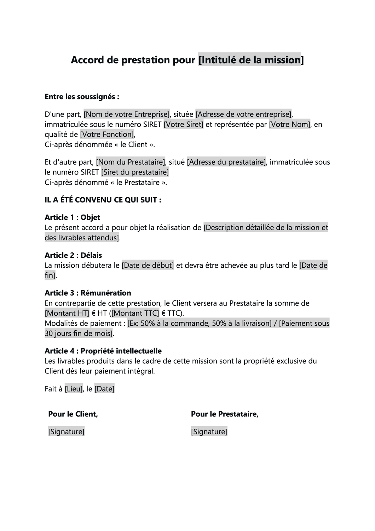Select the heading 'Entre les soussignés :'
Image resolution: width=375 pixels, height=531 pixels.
[82, 97]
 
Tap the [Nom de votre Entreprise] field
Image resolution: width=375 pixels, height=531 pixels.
[127, 114]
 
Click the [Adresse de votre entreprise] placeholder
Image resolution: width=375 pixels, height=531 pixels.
[244, 114]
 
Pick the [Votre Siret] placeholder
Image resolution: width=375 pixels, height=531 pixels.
[184, 125]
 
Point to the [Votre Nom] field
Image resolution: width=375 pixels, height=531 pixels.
[289, 125]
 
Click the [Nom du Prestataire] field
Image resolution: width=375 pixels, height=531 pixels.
[131, 162]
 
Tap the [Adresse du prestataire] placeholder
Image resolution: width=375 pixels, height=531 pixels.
[226, 162]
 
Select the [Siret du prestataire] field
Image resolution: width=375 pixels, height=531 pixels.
[135, 172]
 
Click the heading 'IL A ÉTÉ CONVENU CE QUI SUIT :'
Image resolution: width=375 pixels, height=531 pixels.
[103, 200]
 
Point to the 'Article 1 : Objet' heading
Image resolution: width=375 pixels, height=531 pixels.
[73, 217]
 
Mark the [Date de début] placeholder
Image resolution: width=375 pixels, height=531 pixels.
[148, 265]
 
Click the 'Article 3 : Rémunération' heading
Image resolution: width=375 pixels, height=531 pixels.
[88, 293]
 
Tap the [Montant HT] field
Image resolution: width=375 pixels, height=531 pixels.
[67, 313]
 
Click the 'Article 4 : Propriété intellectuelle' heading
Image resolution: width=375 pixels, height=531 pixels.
[103, 351]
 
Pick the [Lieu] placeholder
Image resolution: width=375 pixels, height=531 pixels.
[74, 389]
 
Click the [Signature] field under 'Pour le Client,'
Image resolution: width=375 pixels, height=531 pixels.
[66, 432]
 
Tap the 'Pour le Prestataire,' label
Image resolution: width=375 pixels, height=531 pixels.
[225, 414]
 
